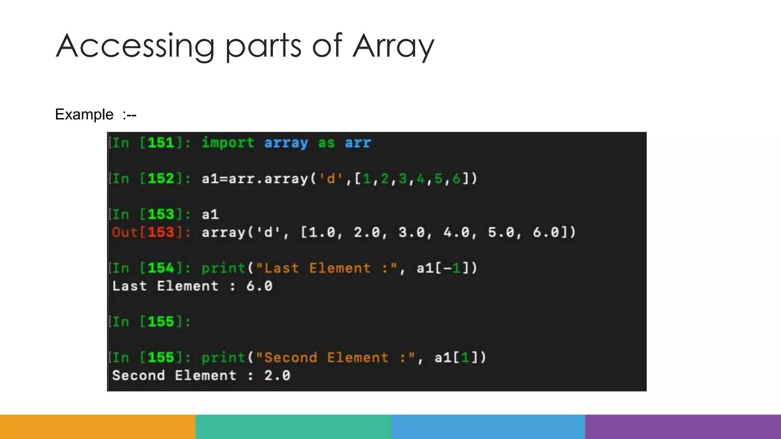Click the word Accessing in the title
click(x=135, y=46)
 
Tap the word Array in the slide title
click(x=393, y=46)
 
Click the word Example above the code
click(x=84, y=114)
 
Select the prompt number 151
click(x=161, y=143)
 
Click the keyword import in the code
click(x=228, y=143)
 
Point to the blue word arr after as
click(x=358, y=143)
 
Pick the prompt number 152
click(x=161, y=179)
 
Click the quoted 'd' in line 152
click(x=331, y=179)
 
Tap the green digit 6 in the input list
click(x=456, y=179)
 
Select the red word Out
click(x=125, y=232)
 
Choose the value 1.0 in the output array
click(x=322, y=232)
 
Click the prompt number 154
click(x=161, y=268)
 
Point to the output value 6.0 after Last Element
click(x=259, y=286)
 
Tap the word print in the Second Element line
click(x=223, y=358)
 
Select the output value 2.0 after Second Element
click(x=277, y=376)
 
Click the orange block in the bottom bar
click(x=98, y=427)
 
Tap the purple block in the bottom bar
click(x=683, y=427)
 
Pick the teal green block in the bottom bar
click(x=293, y=427)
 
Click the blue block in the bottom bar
click(x=488, y=427)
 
